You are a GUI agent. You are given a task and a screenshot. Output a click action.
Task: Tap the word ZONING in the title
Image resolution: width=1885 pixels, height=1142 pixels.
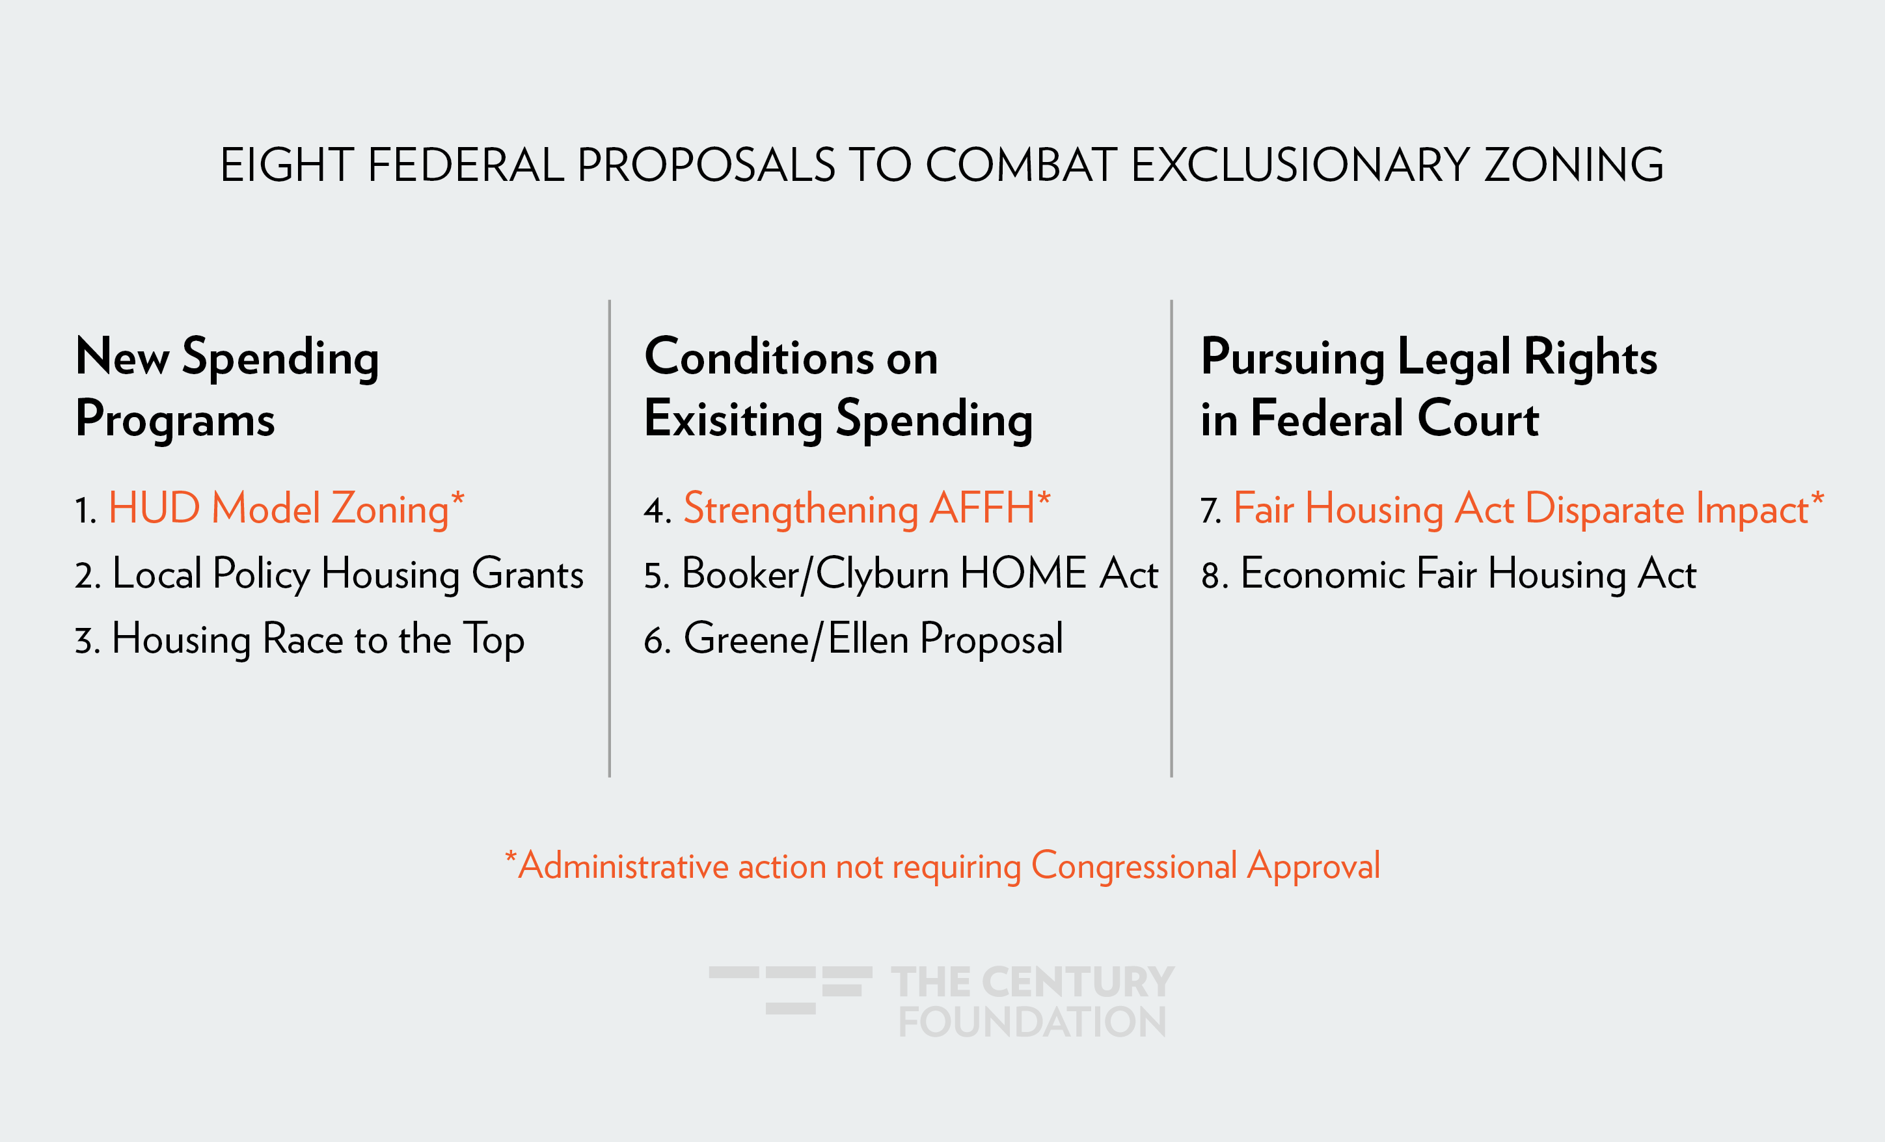[x=1573, y=165]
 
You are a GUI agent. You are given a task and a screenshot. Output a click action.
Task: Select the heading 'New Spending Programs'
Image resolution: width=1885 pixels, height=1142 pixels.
[x=227, y=388]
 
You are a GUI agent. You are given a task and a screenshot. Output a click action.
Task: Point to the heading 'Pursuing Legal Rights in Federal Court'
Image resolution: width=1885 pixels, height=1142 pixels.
[x=1429, y=388]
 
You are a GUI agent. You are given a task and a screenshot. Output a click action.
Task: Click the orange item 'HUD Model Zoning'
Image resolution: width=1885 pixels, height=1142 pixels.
[x=278, y=510]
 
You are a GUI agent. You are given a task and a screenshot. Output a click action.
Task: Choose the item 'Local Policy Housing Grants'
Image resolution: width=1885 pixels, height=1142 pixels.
[x=348, y=574]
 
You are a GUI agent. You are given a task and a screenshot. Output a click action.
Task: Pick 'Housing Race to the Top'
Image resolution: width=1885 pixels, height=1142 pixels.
[x=318, y=640]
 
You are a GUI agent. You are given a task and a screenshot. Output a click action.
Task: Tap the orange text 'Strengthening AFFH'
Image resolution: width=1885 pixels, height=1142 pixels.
[x=859, y=510]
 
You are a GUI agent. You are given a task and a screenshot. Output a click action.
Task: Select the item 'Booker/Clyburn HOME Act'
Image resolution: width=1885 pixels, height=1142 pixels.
[x=920, y=574]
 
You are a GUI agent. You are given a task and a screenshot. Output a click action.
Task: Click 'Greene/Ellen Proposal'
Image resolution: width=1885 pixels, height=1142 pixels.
[x=873, y=640]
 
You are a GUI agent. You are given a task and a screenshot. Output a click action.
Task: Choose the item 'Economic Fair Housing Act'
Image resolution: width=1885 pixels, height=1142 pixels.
[x=1468, y=574]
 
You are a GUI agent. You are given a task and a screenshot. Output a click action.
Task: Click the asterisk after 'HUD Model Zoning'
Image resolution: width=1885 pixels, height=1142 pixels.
[x=457, y=498]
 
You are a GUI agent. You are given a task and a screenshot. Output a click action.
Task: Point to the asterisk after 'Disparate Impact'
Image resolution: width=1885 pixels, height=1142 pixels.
[x=1818, y=498]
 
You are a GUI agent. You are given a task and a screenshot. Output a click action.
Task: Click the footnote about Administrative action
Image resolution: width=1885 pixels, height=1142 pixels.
[x=942, y=867]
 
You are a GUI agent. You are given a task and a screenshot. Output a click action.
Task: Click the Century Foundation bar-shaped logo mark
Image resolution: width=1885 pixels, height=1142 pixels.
[x=791, y=990]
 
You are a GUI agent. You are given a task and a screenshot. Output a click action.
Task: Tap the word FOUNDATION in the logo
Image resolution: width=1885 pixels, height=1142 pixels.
[x=1032, y=1022]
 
